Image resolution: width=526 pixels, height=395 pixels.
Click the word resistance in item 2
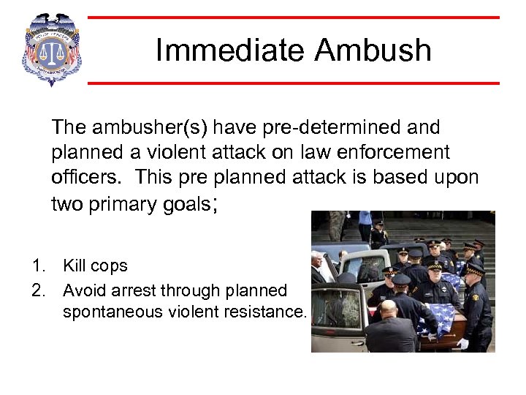point(268,312)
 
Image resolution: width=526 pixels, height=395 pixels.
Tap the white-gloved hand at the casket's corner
point(462,343)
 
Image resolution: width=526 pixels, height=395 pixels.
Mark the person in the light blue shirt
point(364,223)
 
